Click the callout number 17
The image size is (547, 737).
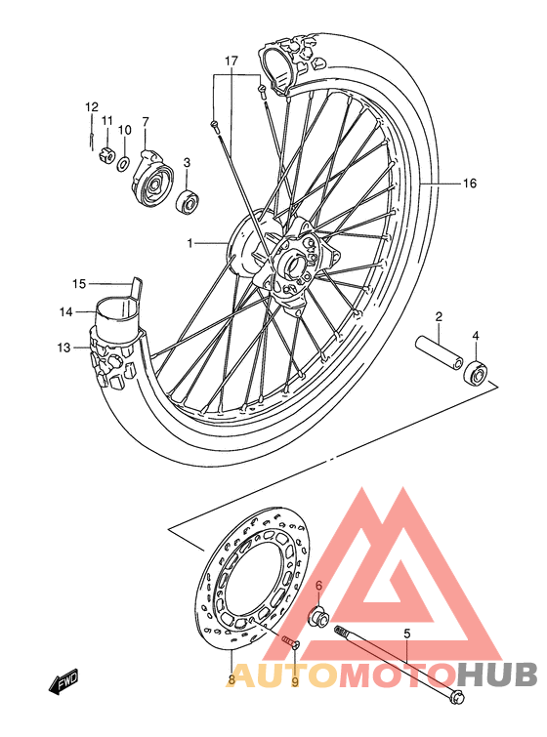231,61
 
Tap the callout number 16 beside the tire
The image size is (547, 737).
469,183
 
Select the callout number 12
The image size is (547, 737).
91,106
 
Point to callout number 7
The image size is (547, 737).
146,122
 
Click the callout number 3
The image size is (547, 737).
187,163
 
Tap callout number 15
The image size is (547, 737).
80,284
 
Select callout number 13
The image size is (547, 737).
64,348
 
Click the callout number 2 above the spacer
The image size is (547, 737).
440,316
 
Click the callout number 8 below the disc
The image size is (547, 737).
231,679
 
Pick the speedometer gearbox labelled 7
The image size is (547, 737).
152,180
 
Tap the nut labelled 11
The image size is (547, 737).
107,151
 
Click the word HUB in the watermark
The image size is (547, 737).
497,675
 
